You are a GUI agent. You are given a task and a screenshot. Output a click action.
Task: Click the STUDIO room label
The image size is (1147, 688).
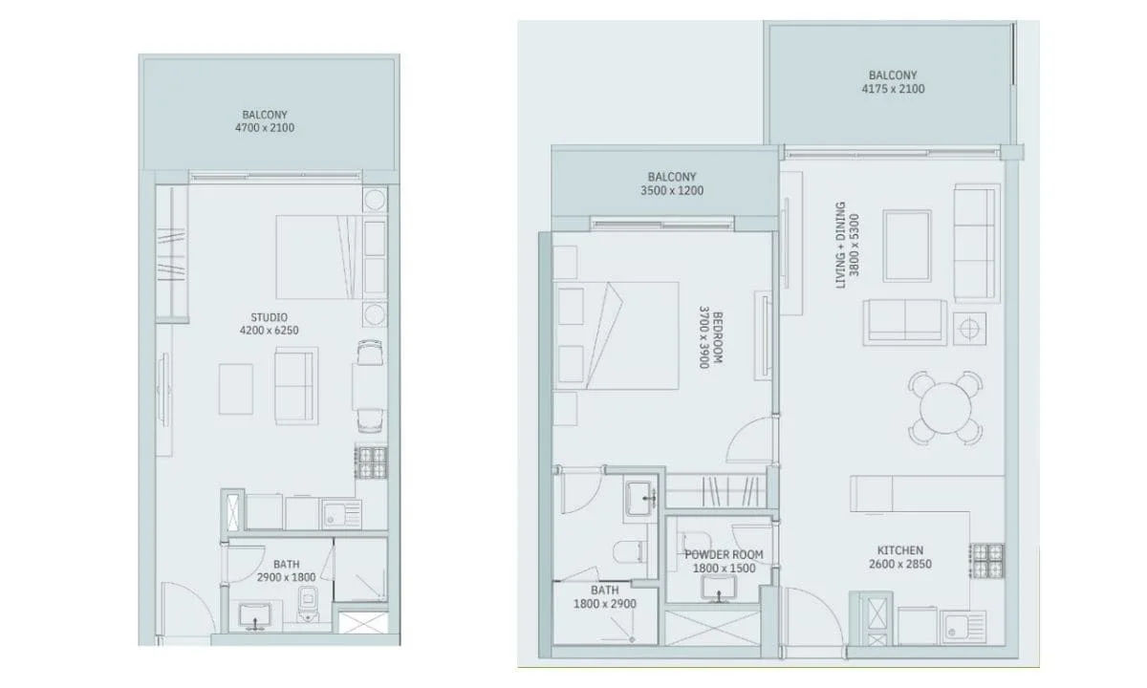269,317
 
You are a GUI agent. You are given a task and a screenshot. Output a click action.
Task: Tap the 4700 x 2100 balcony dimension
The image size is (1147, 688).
265,128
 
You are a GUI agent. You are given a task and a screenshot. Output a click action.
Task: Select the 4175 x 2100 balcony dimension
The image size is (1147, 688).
893,89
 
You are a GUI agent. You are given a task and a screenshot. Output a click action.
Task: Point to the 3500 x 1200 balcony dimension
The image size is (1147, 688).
672,190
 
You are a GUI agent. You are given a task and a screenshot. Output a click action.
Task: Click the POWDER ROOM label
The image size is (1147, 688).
724,554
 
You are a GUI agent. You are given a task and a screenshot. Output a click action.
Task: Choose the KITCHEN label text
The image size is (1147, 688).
900,550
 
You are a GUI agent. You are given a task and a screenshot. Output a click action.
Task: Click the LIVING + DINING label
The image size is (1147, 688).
841,245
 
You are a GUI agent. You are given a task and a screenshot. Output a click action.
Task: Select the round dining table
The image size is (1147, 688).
945,408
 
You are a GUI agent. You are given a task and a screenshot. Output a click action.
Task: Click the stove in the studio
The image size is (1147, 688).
371,462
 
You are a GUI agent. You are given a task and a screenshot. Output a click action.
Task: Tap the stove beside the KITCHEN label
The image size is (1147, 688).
986,561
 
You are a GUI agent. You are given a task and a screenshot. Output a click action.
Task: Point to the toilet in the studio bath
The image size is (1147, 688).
308,604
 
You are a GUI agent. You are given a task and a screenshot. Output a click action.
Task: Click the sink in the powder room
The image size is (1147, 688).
719,589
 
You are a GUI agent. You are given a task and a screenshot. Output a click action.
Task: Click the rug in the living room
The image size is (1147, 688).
907,246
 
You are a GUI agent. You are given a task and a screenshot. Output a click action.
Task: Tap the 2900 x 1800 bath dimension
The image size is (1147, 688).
286,577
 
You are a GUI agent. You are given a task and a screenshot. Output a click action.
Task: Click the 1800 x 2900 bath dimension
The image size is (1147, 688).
605,604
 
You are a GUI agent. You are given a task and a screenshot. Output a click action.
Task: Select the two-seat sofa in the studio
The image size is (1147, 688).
296,386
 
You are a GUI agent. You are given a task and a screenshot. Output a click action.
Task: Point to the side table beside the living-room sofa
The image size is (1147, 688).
969,328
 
